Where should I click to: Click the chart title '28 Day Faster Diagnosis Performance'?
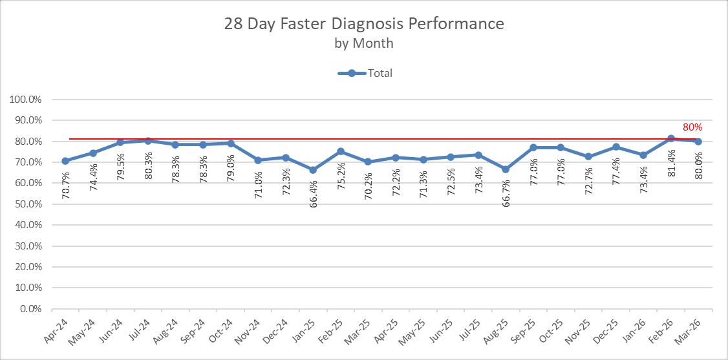pyautogui.click(x=364, y=24)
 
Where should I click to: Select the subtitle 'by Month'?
pyautogui.click(x=364, y=43)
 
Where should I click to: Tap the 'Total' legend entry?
pyautogui.click(x=365, y=73)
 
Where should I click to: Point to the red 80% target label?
pyautogui.click(x=692, y=127)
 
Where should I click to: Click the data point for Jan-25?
pyautogui.click(x=313, y=170)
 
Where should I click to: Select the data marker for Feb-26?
pyautogui.click(x=671, y=138)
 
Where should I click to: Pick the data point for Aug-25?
pyautogui.click(x=506, y=169)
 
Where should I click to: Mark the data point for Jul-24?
pyautogui.click(x=148, y=140)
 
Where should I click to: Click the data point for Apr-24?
pyautogui.click(x=65, y=161)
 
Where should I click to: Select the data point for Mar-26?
pyautogui.click(x=698, y=142)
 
